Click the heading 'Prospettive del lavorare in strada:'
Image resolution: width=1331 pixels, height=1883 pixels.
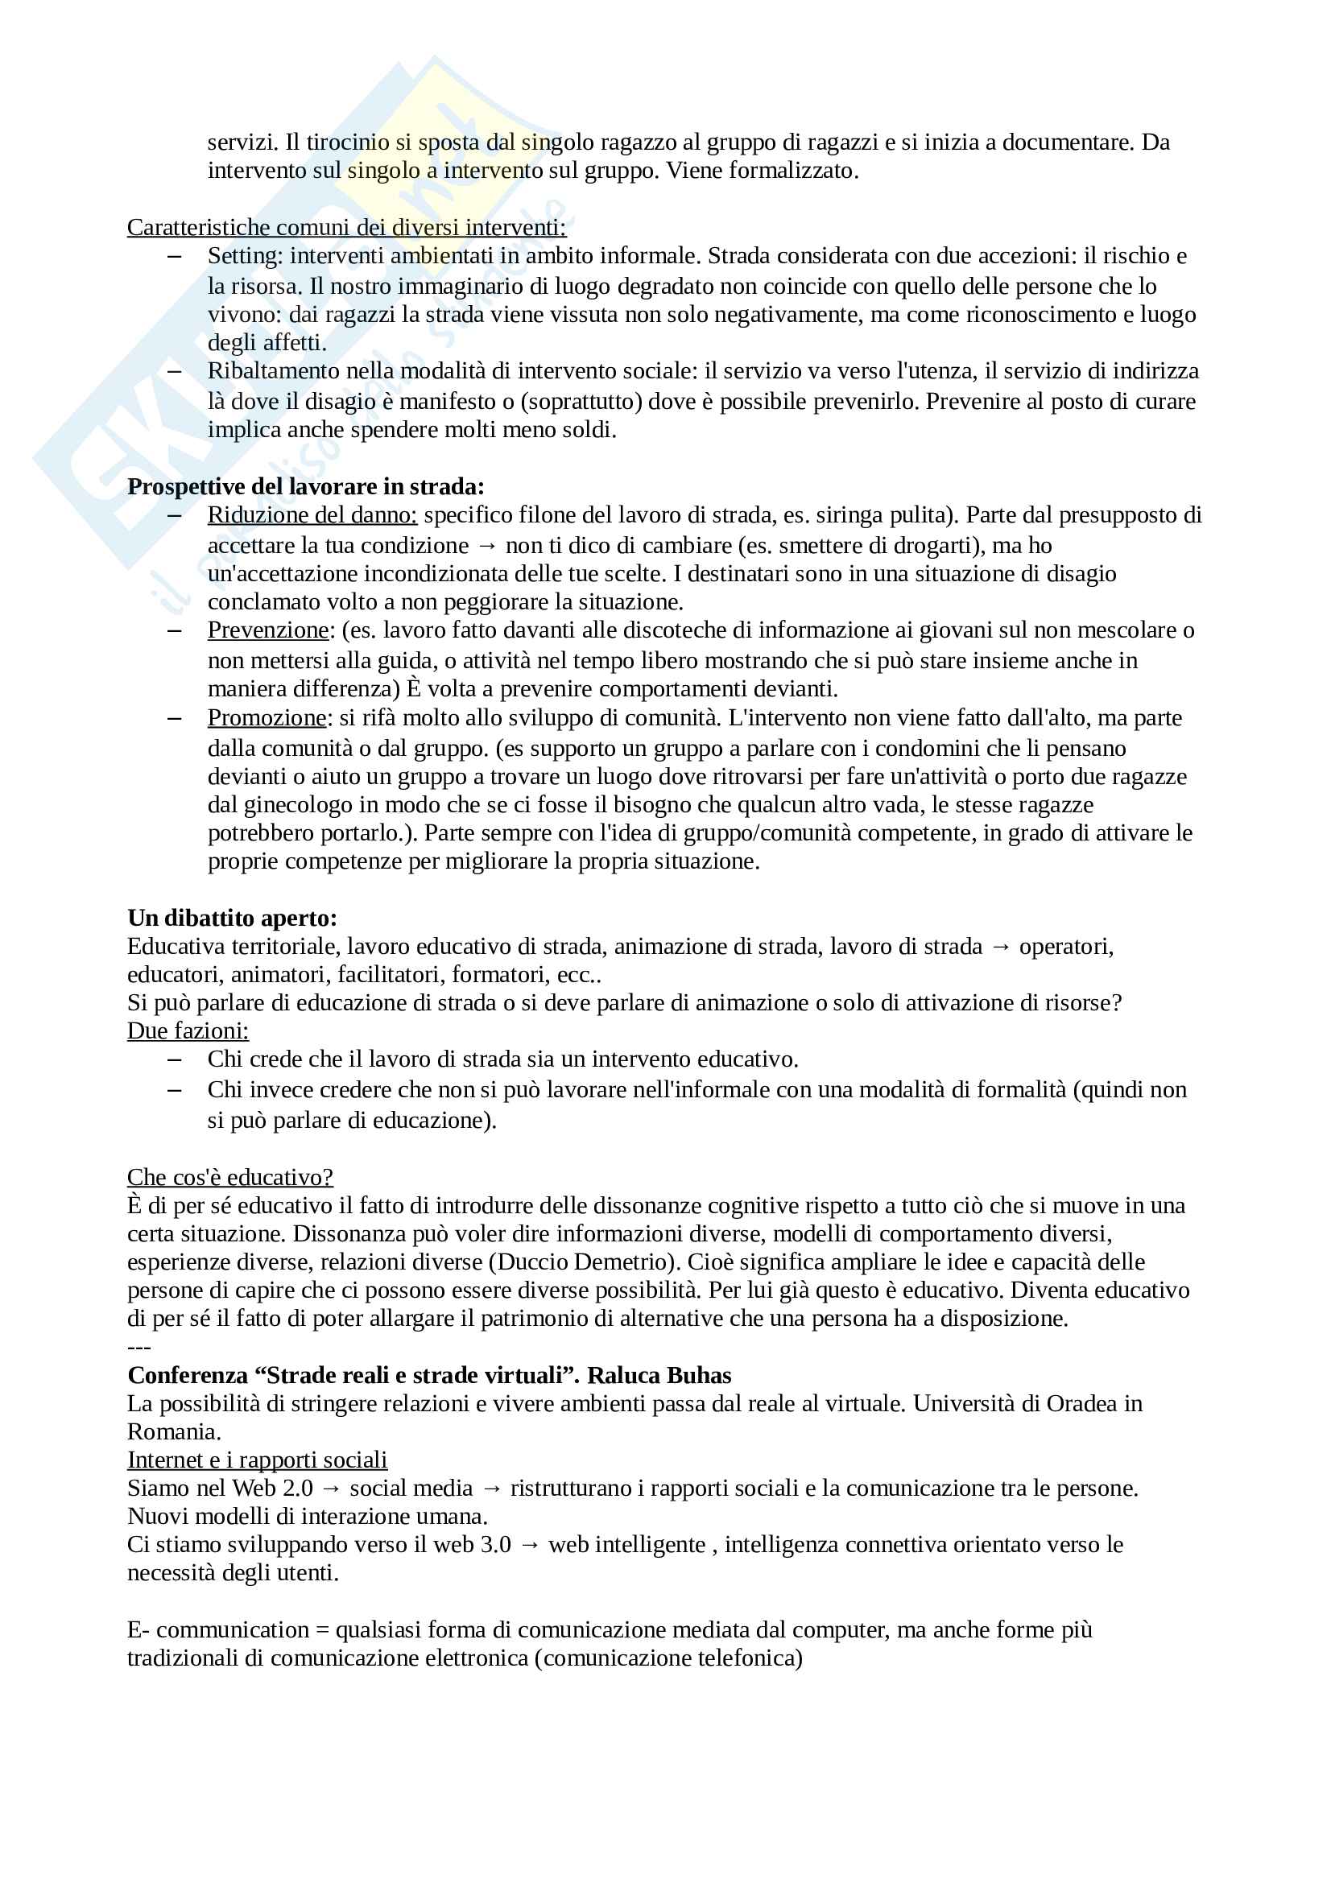click(x=306, y=486)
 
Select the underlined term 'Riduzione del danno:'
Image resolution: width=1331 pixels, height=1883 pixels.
click(x=312, y=515)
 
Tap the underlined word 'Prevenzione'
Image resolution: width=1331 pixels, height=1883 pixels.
click(x=267, y=630)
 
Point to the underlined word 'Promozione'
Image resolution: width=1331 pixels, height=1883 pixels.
click(x=267, y=717)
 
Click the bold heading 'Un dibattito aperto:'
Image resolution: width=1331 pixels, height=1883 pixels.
click(x=232, y=918)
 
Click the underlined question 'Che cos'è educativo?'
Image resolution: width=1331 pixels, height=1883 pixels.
click(x=229, y=1177)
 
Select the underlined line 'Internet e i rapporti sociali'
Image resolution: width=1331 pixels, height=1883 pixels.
click(x=257, y=1460)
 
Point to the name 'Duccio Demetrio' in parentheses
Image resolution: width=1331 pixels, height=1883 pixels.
click(x=585, y=1262)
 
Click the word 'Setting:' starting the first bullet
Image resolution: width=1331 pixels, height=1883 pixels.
click(x=246, y=256)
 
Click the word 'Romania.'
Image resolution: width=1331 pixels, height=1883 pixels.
click(x=174, y=1432)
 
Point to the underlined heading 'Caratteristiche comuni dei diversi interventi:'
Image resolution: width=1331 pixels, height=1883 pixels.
click(x=346, y=227)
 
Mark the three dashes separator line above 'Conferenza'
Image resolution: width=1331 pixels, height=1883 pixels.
click(x=139, y=1348)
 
